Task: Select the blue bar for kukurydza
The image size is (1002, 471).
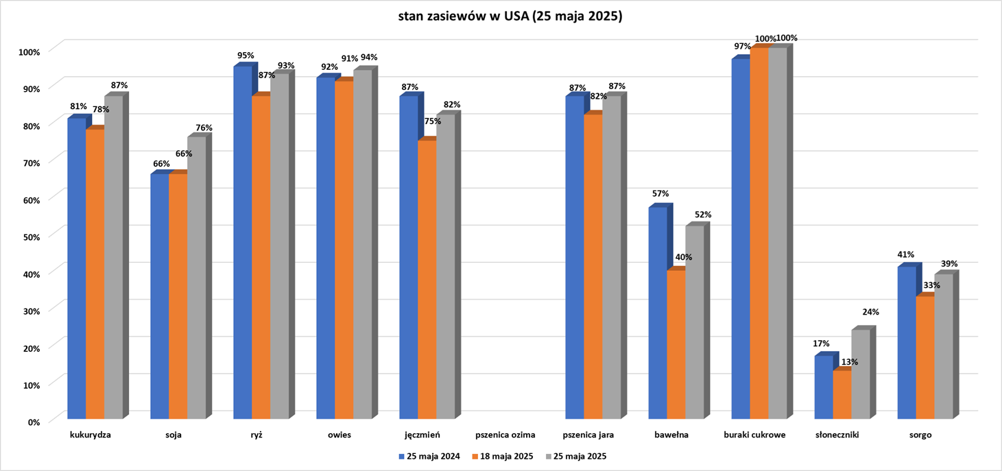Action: pos(76,267)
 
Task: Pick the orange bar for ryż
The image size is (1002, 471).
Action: pos(261,257)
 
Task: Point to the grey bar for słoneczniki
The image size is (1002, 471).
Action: pos(860,374)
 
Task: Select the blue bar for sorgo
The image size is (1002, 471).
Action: pos(925,343)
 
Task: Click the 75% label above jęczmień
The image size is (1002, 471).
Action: pos(433,121)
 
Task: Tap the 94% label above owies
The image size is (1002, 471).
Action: pos(369,58)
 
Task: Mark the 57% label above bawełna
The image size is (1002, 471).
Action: pos(660,194)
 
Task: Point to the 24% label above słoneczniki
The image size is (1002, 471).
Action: pos(870,312)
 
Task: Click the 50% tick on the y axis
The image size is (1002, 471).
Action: pos(30,236)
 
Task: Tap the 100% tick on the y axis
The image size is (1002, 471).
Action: pos(29,51)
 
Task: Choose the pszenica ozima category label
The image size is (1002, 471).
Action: pos(505,435)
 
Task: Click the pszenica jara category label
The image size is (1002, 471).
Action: pos(588,435)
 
